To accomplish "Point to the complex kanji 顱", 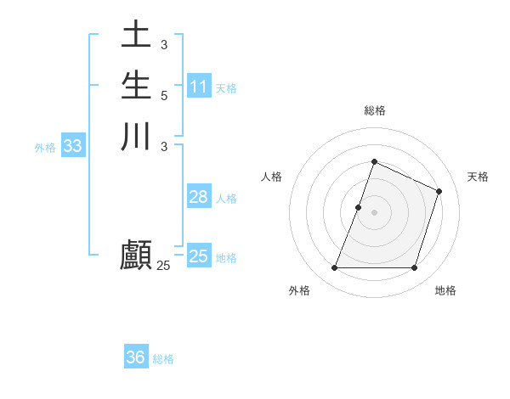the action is (x=136, y=255).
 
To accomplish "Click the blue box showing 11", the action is (x=199, y=87).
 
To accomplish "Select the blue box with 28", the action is (x=199, y=197).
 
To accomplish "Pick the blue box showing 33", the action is (x=73, y=146).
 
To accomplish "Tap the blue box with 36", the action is (x=136, y=357).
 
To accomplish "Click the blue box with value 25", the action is (x=199, y=256).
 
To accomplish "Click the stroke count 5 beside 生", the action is (x=163, y=95).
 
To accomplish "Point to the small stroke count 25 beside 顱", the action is (x=163, y=266).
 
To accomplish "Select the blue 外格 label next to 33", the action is (x=45, y=148).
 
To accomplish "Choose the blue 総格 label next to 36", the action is (x=163, y=359).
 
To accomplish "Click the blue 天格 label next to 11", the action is (x=226, y=88).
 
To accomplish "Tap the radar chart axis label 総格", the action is (x=374, y=110).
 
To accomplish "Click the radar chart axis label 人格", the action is (x=271, y=177).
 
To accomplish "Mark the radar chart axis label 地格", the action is (x=445, y=290).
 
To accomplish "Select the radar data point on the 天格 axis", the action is (x=439, y=191).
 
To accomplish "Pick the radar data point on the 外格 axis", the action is (x=334, y=268).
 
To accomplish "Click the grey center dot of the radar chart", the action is (x=374, y=212).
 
